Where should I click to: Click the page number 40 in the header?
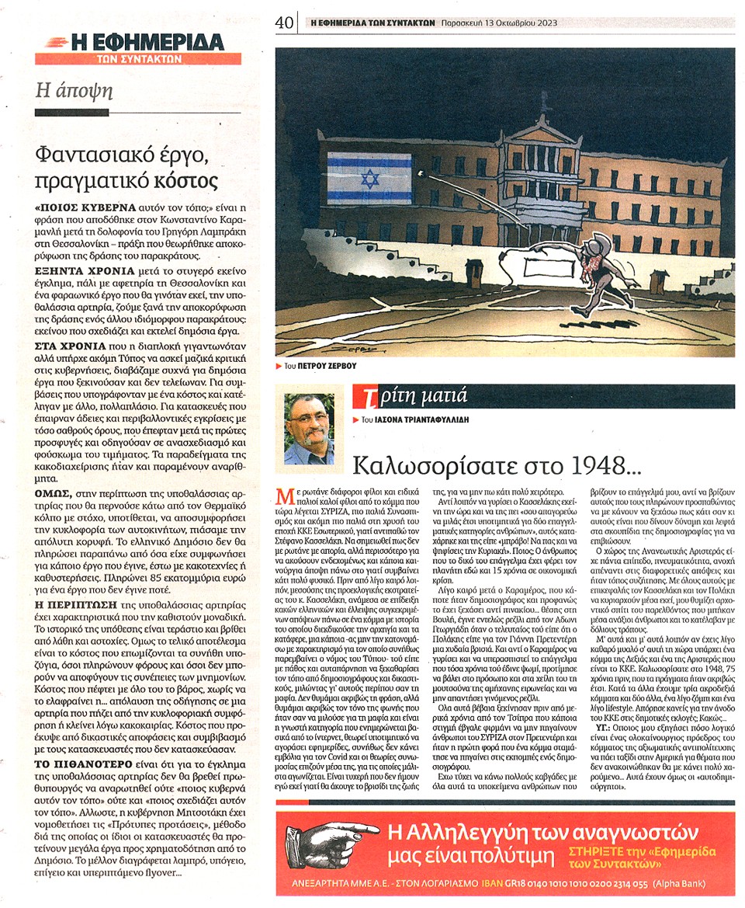(x=283, y=23)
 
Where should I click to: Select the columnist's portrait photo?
(x=309, y=429)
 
